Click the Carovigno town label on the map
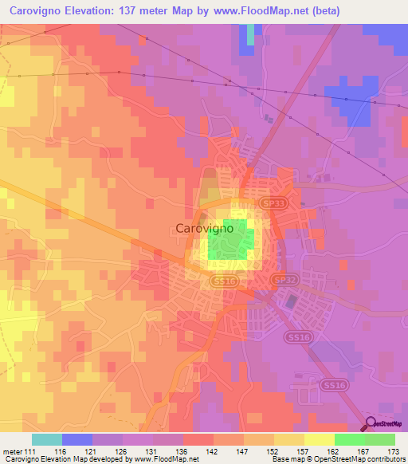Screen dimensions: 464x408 pyautogui.click(x=203, y=228)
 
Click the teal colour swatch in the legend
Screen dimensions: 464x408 pyautogui.click(x=47, y=439)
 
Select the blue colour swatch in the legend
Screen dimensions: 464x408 pyautogui.click(x=77, y=439)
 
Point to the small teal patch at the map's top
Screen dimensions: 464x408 pyautogui.click(x=251, y=34)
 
